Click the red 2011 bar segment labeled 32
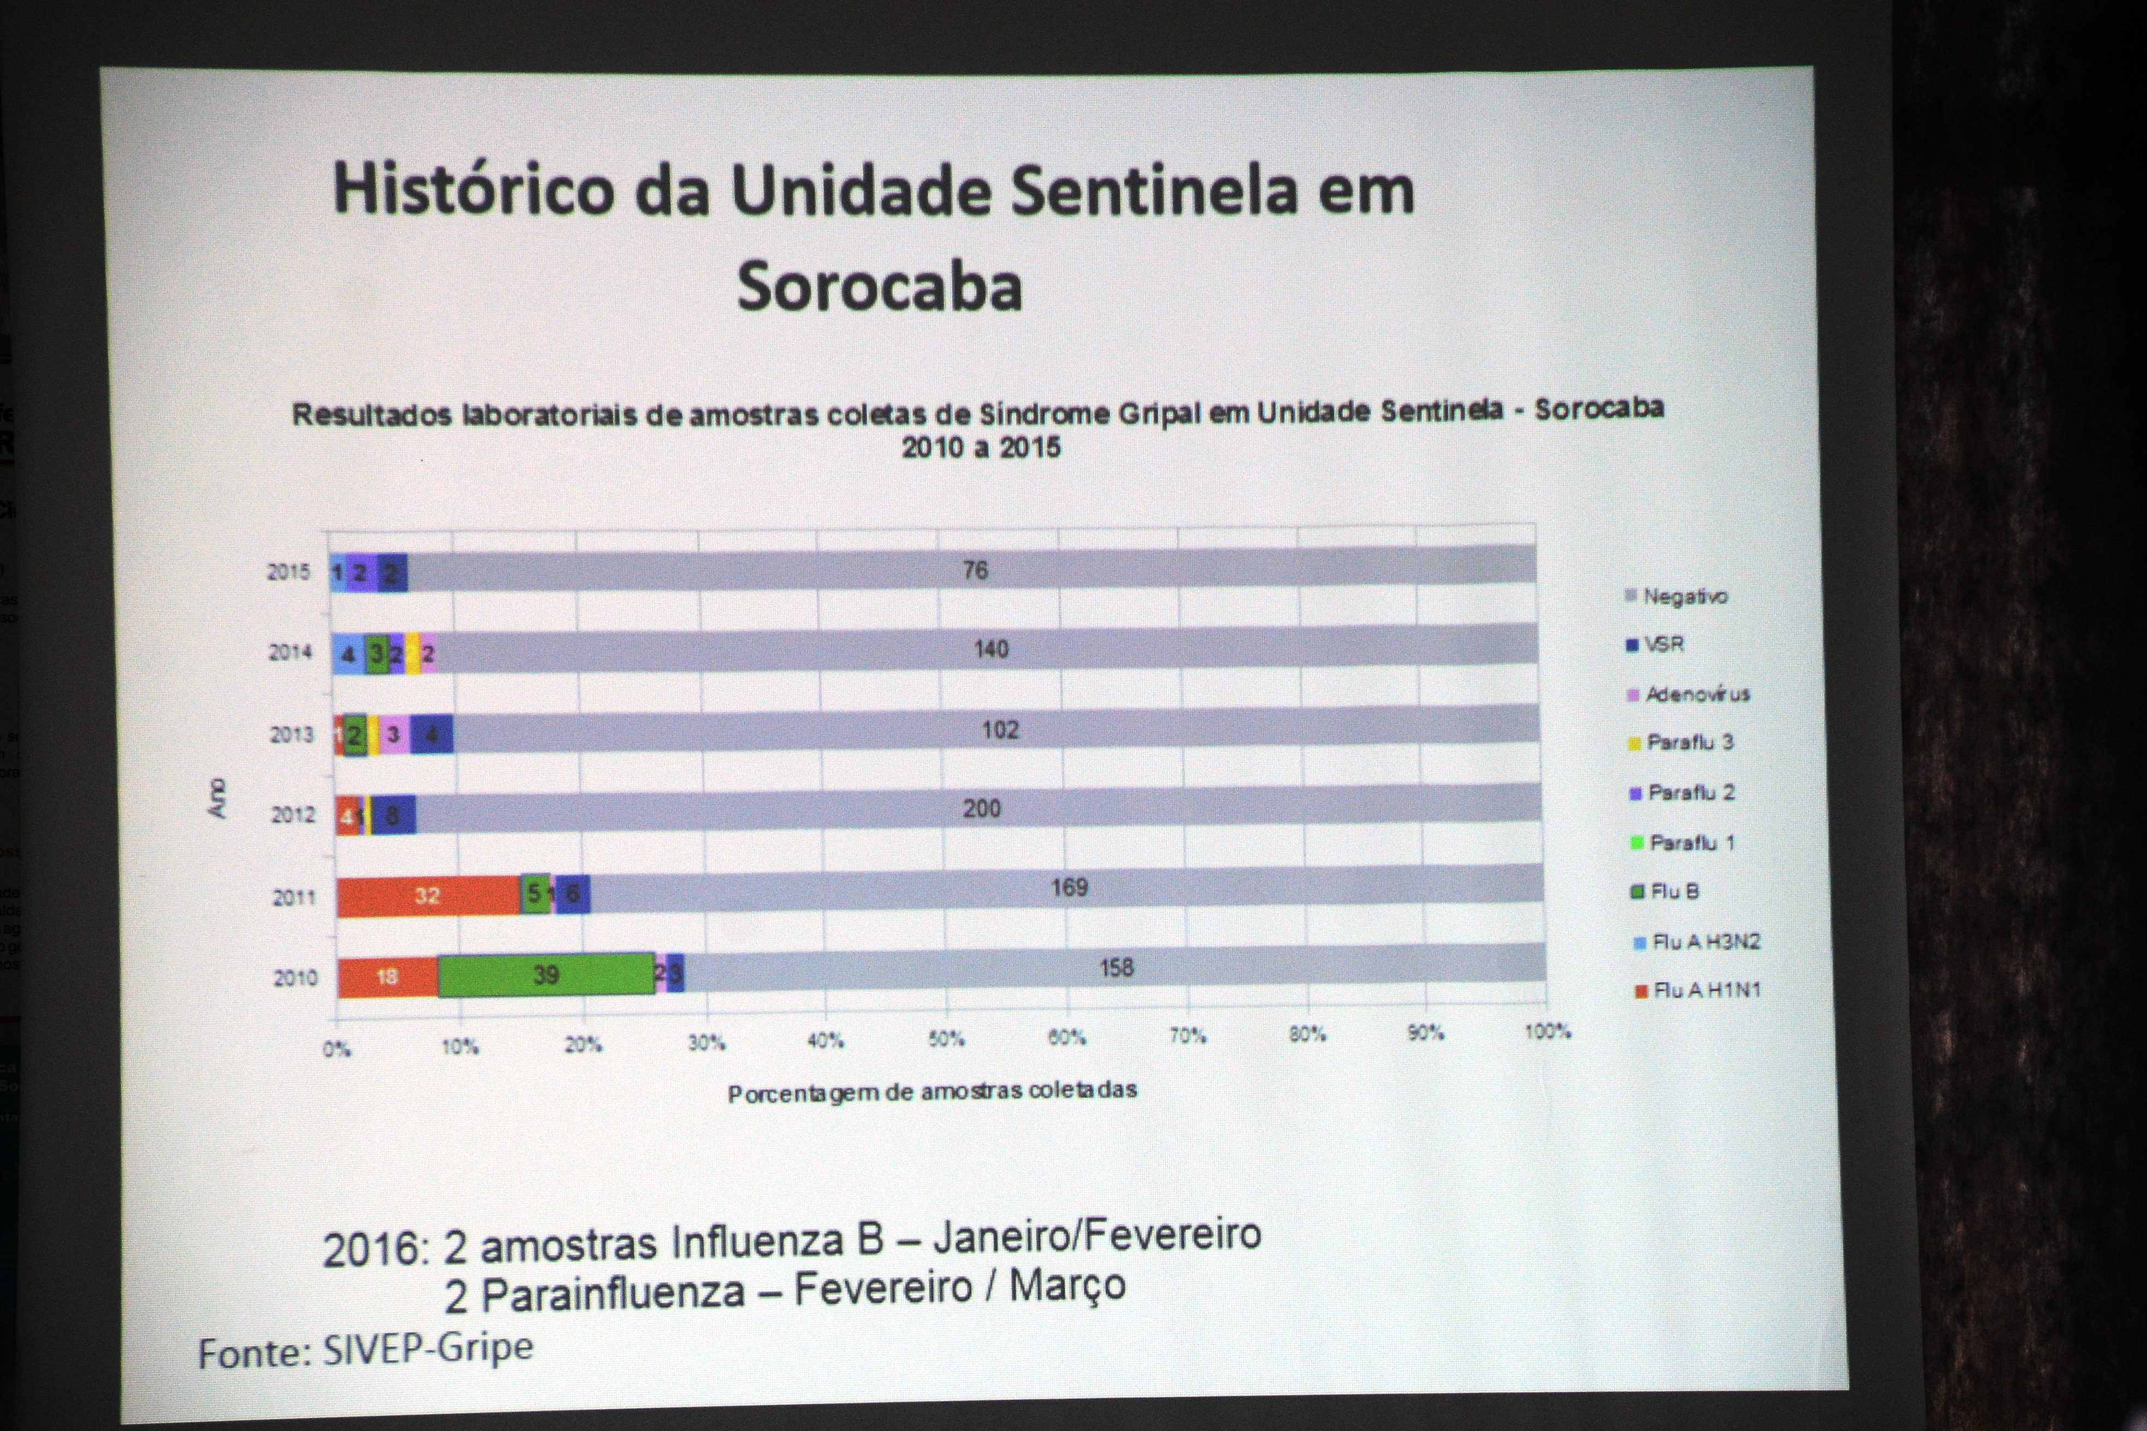(427, 895)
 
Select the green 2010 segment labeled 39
(546, 975)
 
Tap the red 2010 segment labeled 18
(387, 977)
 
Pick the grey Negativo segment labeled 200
(981, 809)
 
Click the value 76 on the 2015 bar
(975, 570)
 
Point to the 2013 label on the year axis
(291, 735)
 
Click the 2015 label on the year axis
(289, 572)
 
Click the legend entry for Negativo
(1684, 597)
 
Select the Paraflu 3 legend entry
(1689, 743)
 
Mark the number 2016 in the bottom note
(374, 1249)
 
